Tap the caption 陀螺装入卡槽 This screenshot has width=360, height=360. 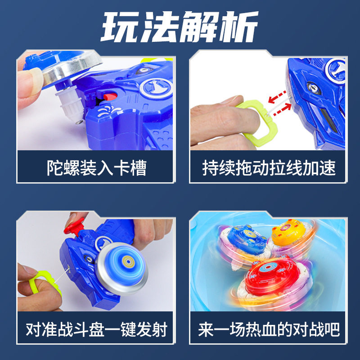[x=96, y=168]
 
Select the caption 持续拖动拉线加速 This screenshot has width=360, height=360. [x=269, y=168]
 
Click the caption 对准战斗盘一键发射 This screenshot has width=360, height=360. [x=96, y=329]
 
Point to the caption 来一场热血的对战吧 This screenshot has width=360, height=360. [x=269, y=329]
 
